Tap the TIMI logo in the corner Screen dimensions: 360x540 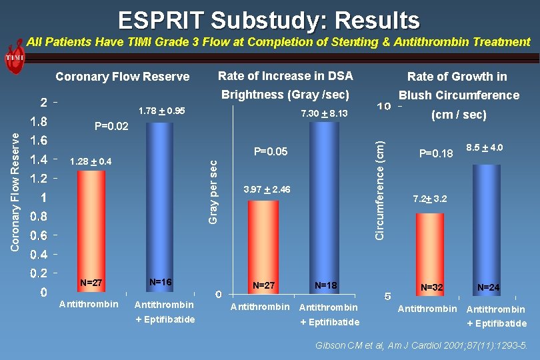tap(14, 57)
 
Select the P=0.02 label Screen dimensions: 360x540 tap(111, 126)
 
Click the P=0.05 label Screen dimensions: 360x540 tap(271, 152)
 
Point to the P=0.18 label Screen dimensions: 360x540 tap(436, 154)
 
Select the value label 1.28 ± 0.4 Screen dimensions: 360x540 tap(91, 161)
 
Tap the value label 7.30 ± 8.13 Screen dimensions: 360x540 tap(324, 114)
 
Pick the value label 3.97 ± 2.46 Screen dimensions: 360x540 tap(267, 190)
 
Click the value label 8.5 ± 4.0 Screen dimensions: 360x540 tap(485, 147)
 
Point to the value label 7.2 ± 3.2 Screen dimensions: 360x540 tap(430, 199)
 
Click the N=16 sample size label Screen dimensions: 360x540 tap(161, 283)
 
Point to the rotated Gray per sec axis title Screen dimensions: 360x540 tap(213, 191)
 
